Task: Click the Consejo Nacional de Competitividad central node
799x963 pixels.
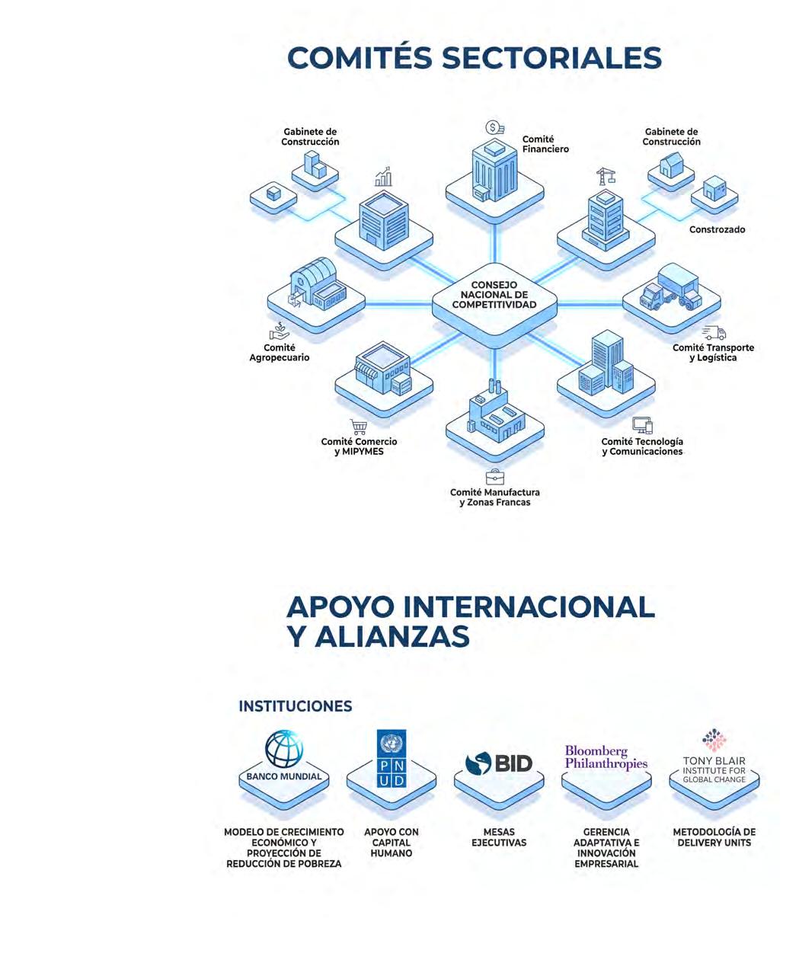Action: [x=494, y=296]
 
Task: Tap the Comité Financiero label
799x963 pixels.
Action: [x=545, y=144]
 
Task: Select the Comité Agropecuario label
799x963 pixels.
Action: [x=280, y=353]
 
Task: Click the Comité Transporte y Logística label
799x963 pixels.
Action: [x=713, y=353]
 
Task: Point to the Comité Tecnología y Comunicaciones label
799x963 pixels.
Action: [x=642, y=446]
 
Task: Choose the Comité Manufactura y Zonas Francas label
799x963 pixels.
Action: [x=494, y=497]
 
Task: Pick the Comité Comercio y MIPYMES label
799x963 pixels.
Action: [x=359, y=446]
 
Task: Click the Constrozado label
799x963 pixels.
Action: [x=717, y=229]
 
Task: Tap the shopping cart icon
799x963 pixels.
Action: [x=358, y=427]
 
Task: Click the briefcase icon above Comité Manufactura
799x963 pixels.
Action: [x=494, y=477]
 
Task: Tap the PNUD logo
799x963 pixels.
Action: [x=392, y=759]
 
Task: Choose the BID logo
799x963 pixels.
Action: [x=499, y=763]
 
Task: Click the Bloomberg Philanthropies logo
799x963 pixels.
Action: [x=606, y=757]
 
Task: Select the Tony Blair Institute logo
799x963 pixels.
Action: [x=714, y=759]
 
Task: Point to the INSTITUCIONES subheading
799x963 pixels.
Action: [x=296, y=706]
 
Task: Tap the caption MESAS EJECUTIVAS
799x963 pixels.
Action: [x=499, y=837]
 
